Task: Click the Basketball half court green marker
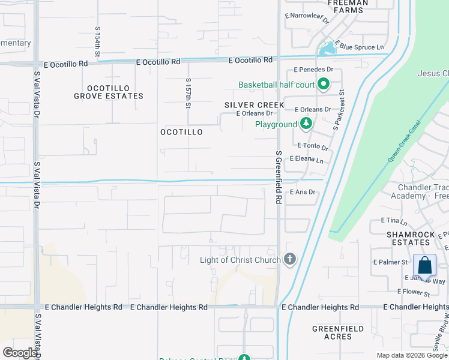point(324,85)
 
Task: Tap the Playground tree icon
point(306,124)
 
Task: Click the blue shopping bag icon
point(424,265)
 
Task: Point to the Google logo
point(20,353)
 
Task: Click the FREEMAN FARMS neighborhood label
point(348,7)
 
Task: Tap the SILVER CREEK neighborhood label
point(254,105)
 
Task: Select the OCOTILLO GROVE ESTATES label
point(109,91)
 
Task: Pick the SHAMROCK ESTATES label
point(408,238)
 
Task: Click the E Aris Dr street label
point(302,192)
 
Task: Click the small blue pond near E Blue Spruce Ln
point(327,49)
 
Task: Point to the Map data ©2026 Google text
point(412,355)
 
